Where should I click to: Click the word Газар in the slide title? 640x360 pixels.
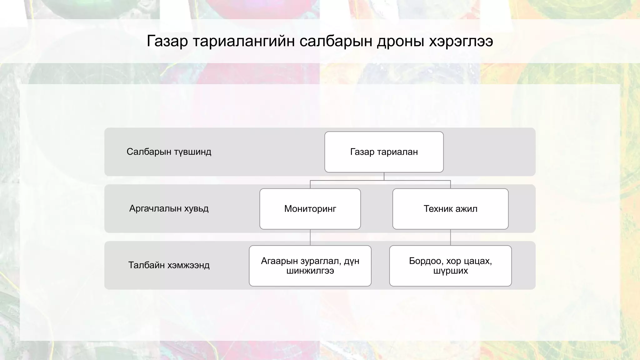click(167, 41)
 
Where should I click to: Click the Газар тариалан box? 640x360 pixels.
click(384, 152)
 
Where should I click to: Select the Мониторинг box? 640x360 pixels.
click(310, 209)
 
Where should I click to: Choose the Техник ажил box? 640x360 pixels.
click(450, 209)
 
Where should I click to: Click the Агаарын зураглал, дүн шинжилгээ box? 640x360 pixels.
click(310, 266)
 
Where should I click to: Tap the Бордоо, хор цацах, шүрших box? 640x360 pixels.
click(450, 266)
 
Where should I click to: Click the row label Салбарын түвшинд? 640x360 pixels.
click(169, 152)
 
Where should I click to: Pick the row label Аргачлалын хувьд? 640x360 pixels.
click(169, 208)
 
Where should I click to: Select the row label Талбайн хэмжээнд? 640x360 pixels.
click(169, 265)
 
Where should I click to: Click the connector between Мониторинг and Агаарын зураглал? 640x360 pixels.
click(310, 237)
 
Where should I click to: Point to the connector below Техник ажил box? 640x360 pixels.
click(450, 237)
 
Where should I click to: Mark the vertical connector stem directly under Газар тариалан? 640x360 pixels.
click(384, 176)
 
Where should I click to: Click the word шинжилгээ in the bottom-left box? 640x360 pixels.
click(310, 271)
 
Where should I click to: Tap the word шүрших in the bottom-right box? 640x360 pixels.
click(450, 271)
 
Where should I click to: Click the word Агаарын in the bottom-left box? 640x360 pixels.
click(279, 261)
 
